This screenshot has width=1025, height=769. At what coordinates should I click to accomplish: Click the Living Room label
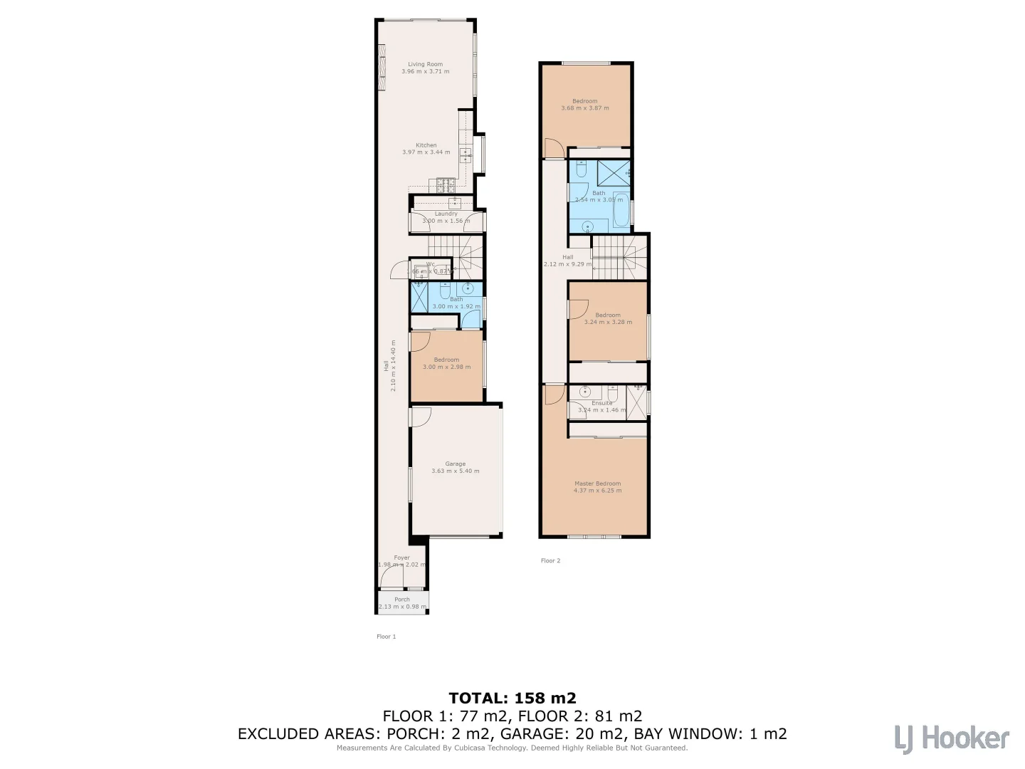(x=425, y=64)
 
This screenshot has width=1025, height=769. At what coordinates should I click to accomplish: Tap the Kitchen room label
(x=426, y=145)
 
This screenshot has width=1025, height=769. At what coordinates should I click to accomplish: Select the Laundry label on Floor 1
(x=446, y=214)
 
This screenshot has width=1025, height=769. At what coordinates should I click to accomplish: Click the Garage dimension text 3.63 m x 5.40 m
(x=455, y=471)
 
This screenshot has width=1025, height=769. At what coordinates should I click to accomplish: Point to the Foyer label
(x=401, y=558)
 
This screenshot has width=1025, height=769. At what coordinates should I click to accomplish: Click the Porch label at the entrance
(x=402, y=600)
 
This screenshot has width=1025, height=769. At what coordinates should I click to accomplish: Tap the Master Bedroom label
(x=597, y=483)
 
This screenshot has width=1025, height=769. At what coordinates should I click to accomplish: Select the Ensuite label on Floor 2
(x=601, y=403)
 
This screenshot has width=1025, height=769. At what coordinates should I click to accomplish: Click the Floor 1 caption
(x=386, y=637)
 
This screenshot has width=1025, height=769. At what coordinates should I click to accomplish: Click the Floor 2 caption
(x=550, y=561)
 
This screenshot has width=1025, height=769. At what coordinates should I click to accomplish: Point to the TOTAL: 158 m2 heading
(x=512, y=698)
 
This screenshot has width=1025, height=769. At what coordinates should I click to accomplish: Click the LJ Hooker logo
(x=952, y=738)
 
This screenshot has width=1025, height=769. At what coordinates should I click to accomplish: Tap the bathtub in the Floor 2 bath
(x=621, y=210)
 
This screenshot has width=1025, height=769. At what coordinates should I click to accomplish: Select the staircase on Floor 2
(x=619, y=257)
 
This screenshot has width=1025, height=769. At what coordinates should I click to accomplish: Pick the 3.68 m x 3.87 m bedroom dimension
(x=585, y=108)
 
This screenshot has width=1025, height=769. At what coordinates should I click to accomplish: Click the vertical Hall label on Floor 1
(x=386, y=365)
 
